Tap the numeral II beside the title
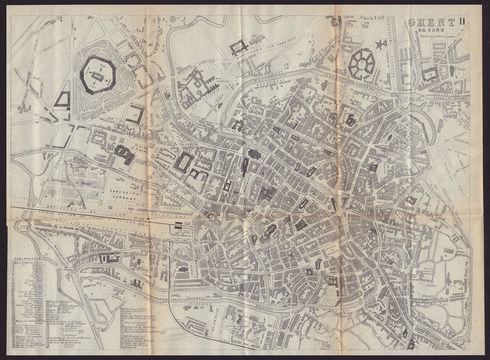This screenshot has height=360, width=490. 462,21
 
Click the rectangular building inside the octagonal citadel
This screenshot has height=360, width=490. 97,77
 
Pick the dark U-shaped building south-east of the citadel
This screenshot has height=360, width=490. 135,115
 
